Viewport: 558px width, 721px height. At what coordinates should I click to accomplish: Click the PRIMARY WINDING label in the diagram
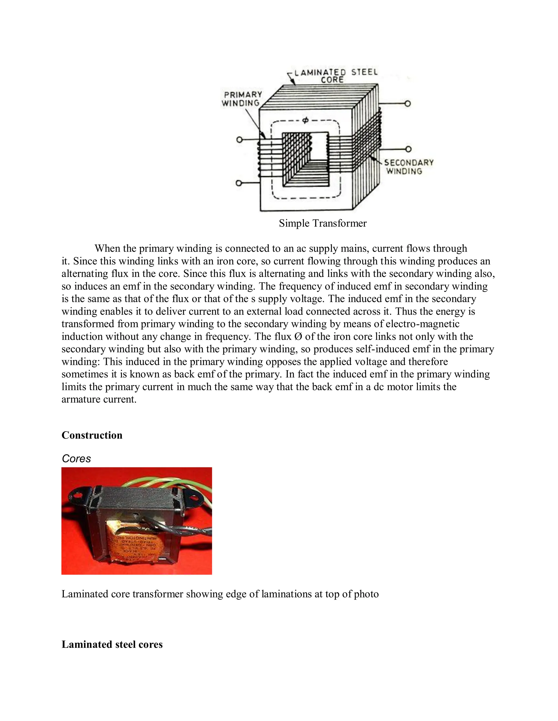242,99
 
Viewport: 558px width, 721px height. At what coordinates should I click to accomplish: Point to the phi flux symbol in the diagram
305,121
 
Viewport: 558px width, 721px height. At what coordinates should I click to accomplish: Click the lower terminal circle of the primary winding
239,183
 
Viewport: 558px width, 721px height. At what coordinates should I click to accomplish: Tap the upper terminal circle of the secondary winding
408,104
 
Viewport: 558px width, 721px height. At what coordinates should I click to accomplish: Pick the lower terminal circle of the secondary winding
408,149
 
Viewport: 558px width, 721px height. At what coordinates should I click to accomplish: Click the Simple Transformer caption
323,223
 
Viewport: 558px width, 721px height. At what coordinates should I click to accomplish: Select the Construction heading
92,435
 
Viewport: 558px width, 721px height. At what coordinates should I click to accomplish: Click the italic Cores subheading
76,458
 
